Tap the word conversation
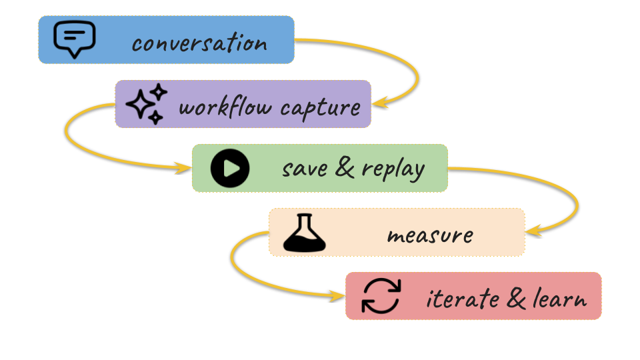[199, 43]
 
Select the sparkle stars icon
[146, 104]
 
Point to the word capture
[321, 109]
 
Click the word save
[305, 168]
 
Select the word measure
[430, 235]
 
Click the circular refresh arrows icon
[381, 296]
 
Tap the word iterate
[463, 298]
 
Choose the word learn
[560, 298]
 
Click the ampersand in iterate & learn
[516, 297]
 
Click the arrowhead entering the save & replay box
[183, 168]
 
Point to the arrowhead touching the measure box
[534, 231]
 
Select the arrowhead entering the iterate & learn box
[337, 296]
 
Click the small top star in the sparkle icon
[159, 92]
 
